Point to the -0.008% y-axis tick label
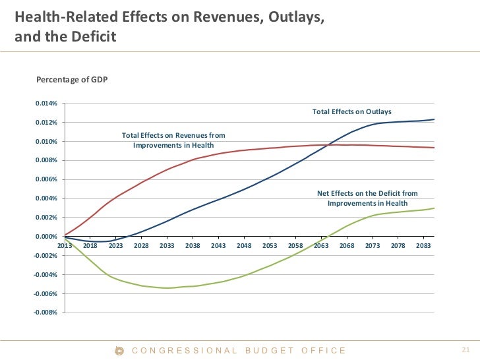[47, 313]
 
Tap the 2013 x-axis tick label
[65, 245]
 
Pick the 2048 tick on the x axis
[244, 245]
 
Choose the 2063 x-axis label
[321, 245]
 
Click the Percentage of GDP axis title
[72, 80]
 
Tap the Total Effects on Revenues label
[173, 140]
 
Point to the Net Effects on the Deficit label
[367, 198]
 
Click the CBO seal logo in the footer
[119, 351]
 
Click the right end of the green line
[434, 208]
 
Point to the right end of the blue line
[434, 119]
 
